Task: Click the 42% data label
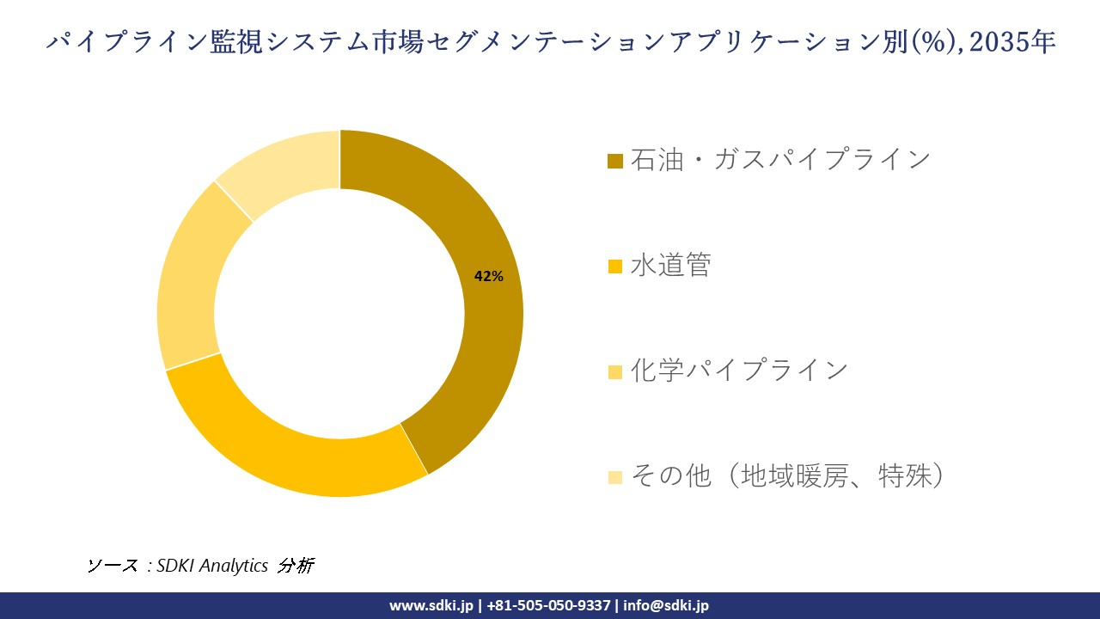pyautogui.click(x=489, y=276)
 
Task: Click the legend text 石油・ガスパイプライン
pyautogui.click(x=780, y=160)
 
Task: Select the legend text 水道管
pyautogui.click(x=671, y=266)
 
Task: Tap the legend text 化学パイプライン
pyautogui.click(x=739, y=371)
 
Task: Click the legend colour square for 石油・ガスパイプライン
pyautogui.click(x=614, y=162)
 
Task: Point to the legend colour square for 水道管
pyautogui.click(x=614, y=267)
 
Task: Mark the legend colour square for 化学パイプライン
pyautogui.click(x=614, y=371)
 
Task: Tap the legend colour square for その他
pyautogui.click(x=614, y=476)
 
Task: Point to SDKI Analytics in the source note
pyautogui.click(x=212, y=566)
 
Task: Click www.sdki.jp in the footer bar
pyautogui.click(x=431, y=605)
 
